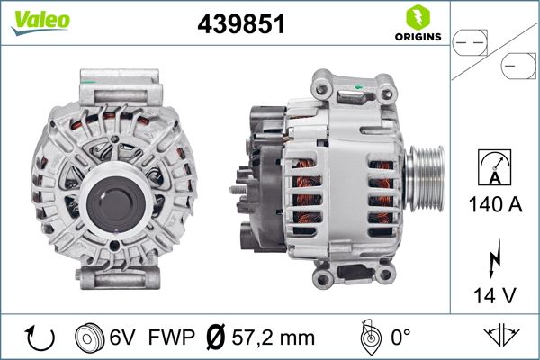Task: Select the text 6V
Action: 124,339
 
